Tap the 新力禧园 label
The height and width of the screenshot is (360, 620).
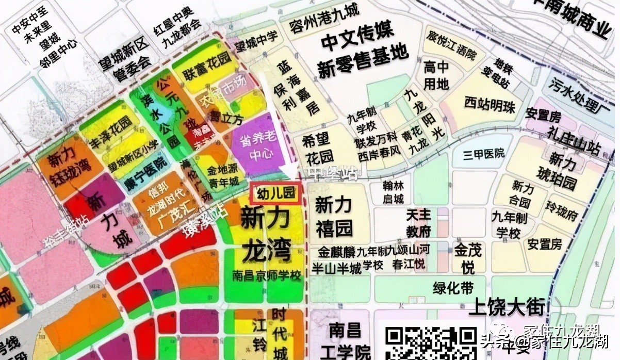334,217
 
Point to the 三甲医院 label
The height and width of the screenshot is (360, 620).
477,154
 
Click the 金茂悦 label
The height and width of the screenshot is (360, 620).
468,258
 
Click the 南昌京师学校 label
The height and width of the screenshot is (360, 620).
266,276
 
